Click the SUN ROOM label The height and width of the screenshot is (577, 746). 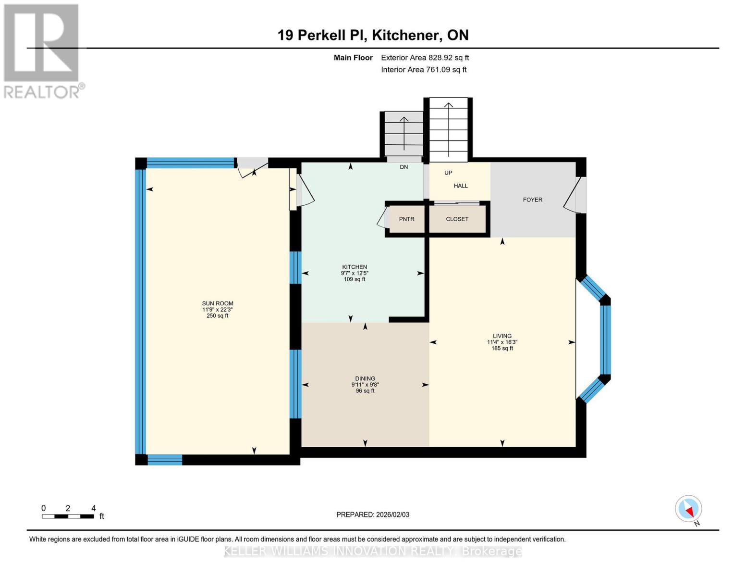(x=217, y=303)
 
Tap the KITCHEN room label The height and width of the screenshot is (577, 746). (x=355, y=267)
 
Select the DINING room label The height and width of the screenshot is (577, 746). (x=365, y=378)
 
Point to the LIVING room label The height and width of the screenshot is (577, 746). (x=502, y=336)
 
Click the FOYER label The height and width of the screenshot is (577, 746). (x=532, y=200)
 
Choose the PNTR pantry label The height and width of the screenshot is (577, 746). (x=406, y=219)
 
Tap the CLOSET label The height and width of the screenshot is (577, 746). (x=457, y=219)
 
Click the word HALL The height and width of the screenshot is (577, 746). (x=461, y=186)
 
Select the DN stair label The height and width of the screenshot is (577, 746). (x=404, y=167)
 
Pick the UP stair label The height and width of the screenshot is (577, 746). (x=448, y=173)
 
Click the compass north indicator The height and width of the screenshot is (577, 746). (x=689, y=509)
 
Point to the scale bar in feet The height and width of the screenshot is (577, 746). (x=68, y=516)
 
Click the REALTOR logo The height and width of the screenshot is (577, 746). (x=42, y=50)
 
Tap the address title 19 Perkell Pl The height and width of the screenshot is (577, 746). (x=373, y=35)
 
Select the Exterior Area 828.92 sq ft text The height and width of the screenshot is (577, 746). (x=425, y=58)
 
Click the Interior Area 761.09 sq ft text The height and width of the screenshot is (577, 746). (x=424, y=70)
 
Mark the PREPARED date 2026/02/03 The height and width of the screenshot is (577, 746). (x=373, y=514)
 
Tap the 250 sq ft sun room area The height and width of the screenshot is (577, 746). (x=217, y=316)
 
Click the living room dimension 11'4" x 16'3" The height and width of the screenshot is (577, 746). (x=502, y=342)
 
